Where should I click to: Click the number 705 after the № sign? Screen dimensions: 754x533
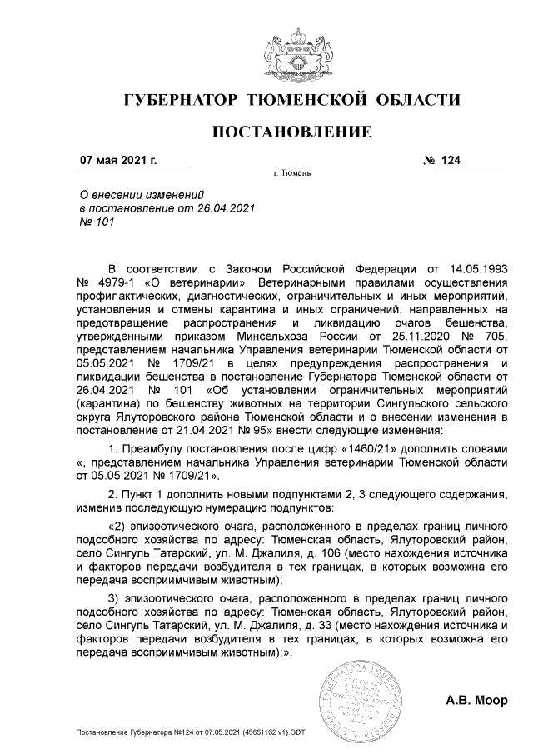tap(496, 337)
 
